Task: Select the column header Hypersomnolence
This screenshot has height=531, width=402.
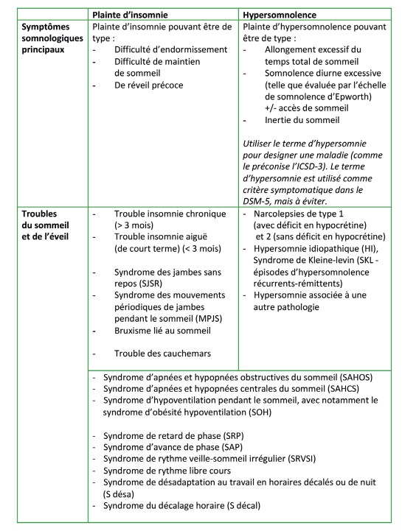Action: click(x=283, y=14)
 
